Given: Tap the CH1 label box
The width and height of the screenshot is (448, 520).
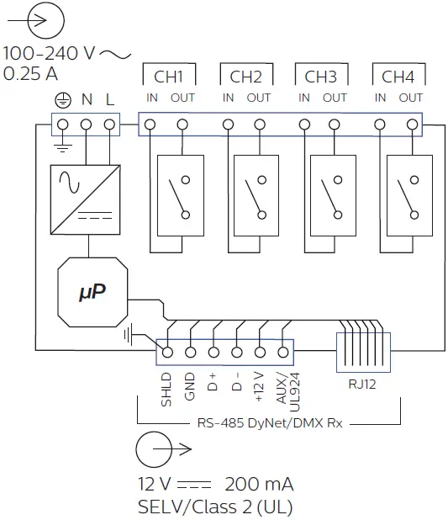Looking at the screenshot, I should pyautogui.click(x=169, y=77).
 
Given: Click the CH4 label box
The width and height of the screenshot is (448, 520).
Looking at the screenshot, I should pyautogui.click(x=398, y=77).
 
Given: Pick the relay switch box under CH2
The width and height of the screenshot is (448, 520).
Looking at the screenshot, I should pyautogui.click(x=256, y=194).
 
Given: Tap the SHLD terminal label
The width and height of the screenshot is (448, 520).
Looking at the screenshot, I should pyautogui.click(x=166, y=389).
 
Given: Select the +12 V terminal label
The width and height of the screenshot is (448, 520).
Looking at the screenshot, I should pyautogui.click(x=259, y=388).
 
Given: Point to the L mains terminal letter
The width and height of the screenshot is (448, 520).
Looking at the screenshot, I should pyautogui.click(x=110, y=100).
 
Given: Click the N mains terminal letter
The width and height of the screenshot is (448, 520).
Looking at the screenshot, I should pyautogui.click(x=87, y=100).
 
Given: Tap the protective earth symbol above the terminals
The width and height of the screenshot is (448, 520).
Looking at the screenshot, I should pyautogui.click(x=61, y=100).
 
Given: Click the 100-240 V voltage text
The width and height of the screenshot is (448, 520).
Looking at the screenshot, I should pyautogui.click(x=50, y=54).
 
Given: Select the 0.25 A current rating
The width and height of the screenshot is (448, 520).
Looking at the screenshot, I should pyautogui.click(x=31, y=74).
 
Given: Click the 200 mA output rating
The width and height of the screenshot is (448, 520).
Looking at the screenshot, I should pyautogui.click(x=259, y=486).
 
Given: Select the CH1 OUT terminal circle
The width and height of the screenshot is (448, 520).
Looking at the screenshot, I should pyautogui.click(x=182, y=125).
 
